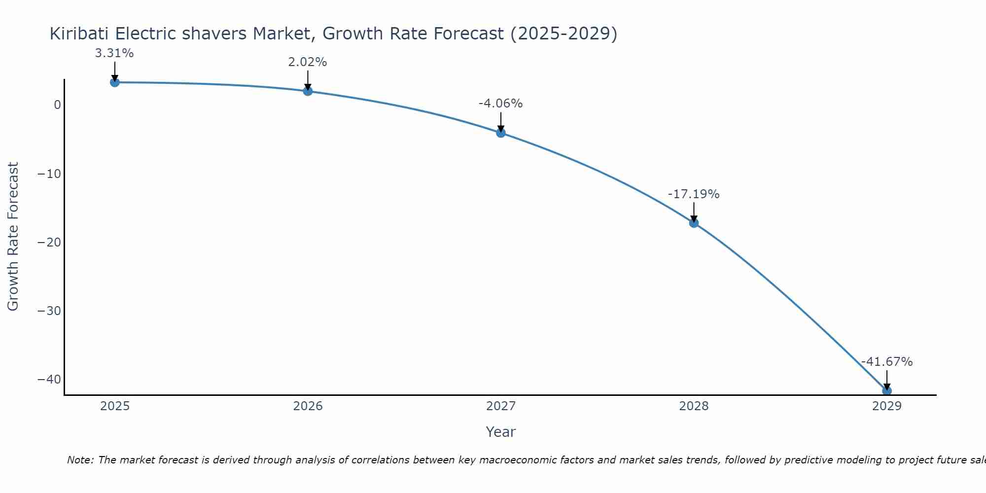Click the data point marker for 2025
click(114, 82)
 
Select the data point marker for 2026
click(308, 91)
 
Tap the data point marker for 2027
click(501, 133)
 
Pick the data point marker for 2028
click(694, 223)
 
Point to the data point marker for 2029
click(886, 390)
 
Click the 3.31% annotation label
click(114, 53)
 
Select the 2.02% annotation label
click(308, 62)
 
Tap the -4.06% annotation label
click(500, 104)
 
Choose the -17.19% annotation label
click(694, 194)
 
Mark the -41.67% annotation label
click(887, 362)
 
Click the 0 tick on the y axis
click(58, 105)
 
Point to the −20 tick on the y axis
click(49, 243)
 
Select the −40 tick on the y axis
click(49, 380)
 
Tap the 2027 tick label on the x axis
click(501, 406)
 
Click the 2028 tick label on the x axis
click(694, 406)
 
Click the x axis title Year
click(500, 432)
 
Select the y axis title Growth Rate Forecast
click(13, 237)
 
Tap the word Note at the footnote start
click(79, 460)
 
